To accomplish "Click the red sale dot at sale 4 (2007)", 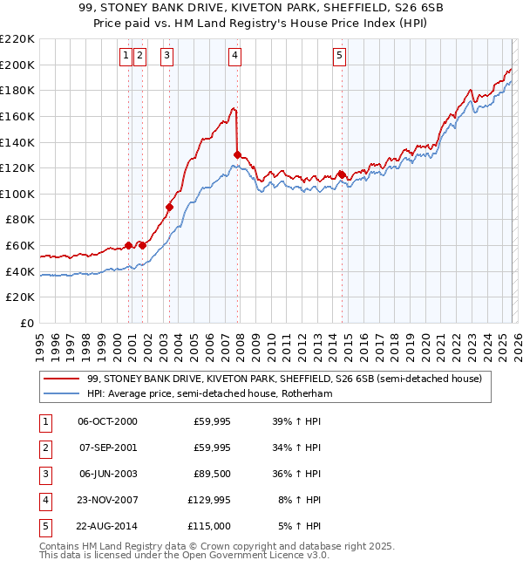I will (237, 154).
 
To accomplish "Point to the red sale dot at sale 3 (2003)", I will (170, 207).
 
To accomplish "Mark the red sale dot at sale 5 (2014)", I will (342, 174).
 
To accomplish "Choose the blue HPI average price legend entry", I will (210, 393).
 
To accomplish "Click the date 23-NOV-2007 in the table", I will (107, 500).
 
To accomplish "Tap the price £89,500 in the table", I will (212, 474).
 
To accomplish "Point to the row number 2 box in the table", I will (44, 447).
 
